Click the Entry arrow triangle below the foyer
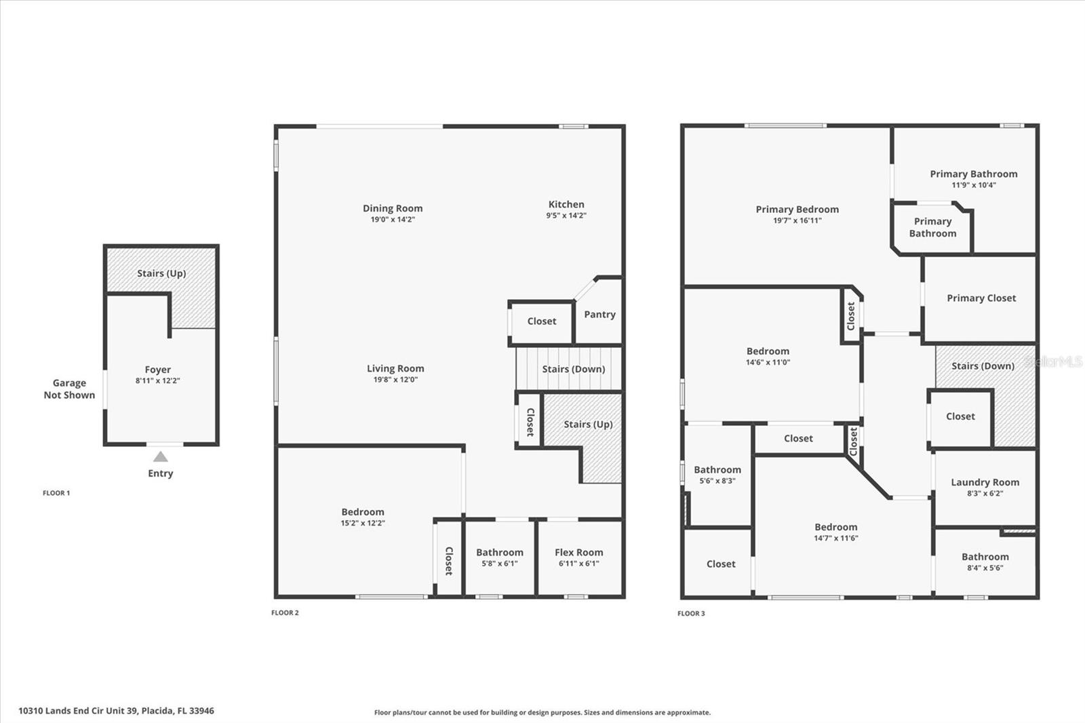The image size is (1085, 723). tap(160, 457)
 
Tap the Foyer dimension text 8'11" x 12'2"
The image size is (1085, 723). tap(157, 381)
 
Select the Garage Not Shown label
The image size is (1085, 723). tap(69, 389)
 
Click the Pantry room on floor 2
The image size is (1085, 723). tap(599, 315)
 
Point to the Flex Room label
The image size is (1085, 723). tap(578, 553)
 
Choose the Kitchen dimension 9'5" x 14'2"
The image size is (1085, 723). tap(566, 216)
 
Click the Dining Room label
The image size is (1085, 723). tap(392, 208)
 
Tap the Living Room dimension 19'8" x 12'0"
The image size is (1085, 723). tap(395, 380)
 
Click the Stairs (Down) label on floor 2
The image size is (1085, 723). tap(573, 369)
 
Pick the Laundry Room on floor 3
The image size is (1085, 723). tap(985, 487)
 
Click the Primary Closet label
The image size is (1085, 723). tap(981, 298)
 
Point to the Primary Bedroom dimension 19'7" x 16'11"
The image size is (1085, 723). tap(797, 220)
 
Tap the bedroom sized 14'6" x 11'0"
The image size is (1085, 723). tap(768, 356)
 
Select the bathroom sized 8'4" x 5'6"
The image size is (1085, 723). tap(985, 562)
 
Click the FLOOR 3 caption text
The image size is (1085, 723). tap(691, 614)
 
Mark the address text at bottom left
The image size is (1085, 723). tap(116, 711)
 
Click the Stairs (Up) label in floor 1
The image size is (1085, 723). tap(161, 273)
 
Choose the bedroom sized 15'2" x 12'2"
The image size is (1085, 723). tap(362, 517)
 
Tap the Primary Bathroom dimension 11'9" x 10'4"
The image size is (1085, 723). tap(973, 185)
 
